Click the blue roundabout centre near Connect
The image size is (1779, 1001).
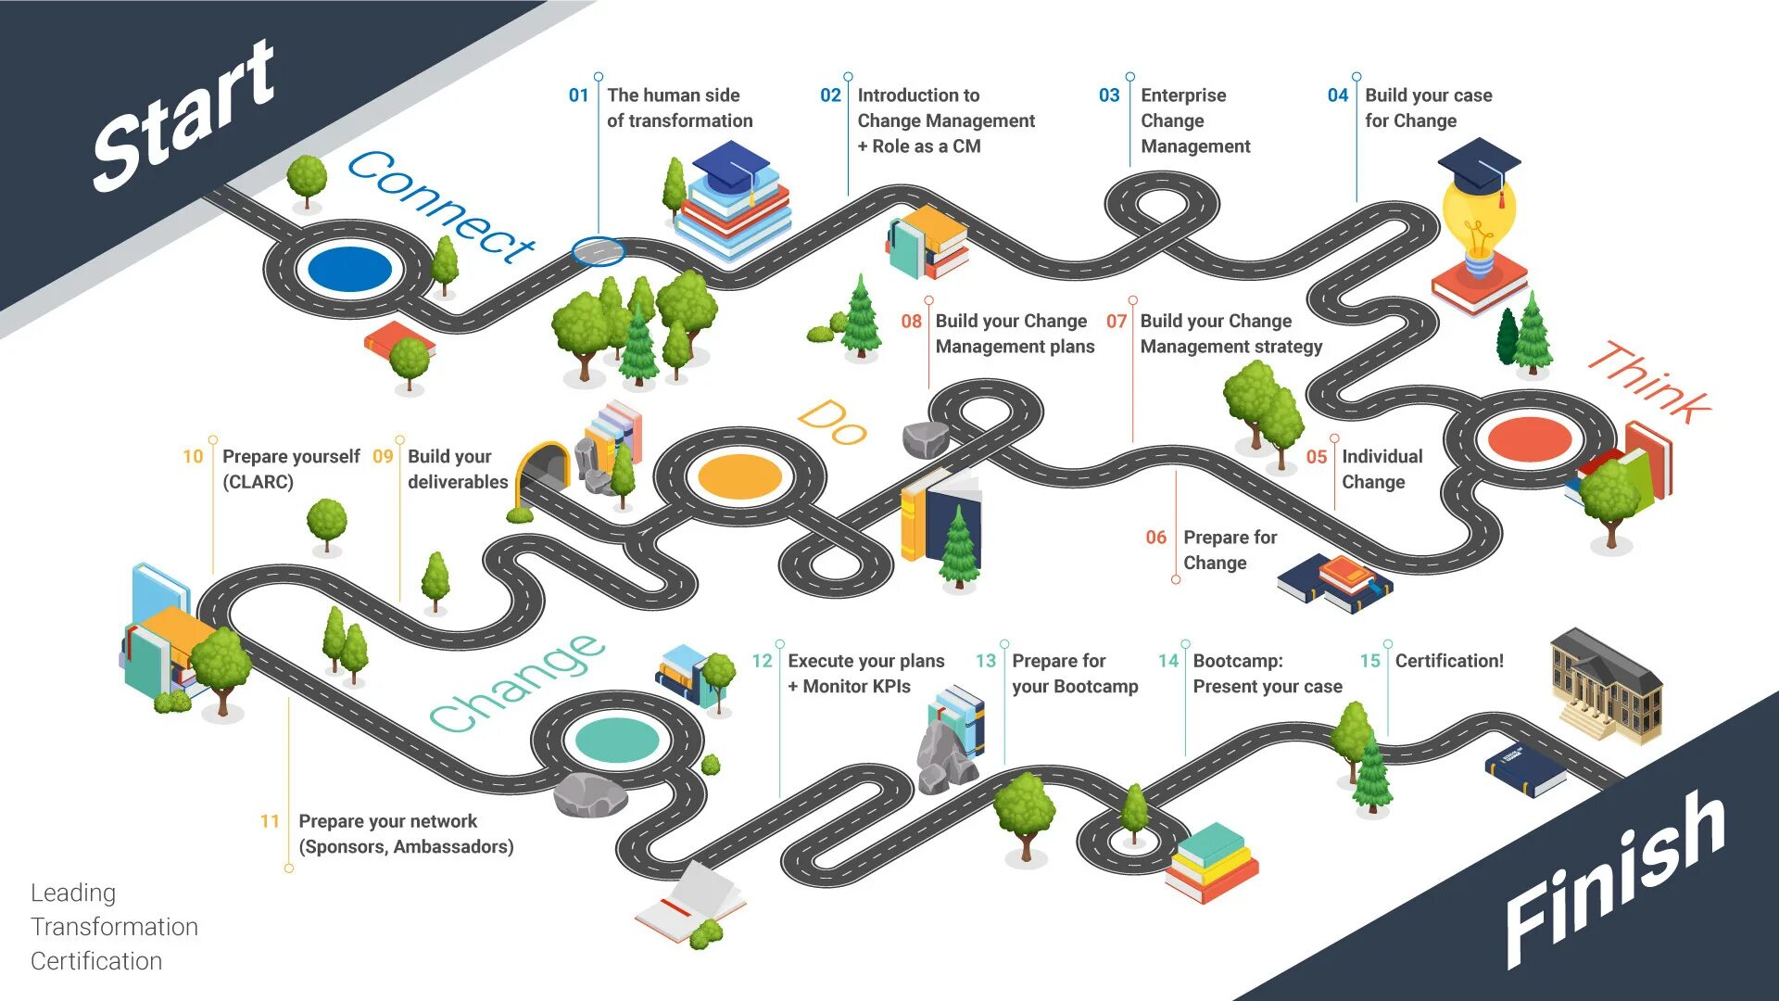click(349, 269)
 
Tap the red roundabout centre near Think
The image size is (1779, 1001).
click(1529, 439)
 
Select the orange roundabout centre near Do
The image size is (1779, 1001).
click(739, 476)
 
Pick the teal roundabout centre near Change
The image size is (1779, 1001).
click(617, 740)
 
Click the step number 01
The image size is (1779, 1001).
click(578, 95)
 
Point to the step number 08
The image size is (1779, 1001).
click(911, 322)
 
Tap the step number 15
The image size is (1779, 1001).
click(1369, 661)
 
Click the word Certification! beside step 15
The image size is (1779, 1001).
click(1449, 661)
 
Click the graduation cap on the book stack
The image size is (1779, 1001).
click(731, 167)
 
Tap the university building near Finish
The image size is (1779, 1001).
click(1606, 686)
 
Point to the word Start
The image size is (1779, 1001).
click(185, 116)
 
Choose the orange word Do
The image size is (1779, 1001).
click(832, 424)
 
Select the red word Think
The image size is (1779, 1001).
click(1649, 382)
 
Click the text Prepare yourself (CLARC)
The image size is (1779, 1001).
click(290, 469)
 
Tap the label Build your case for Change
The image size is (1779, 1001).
click(1428, 108)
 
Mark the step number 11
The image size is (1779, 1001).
click(270, 821)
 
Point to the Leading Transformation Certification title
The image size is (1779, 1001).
click(114, 926)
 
